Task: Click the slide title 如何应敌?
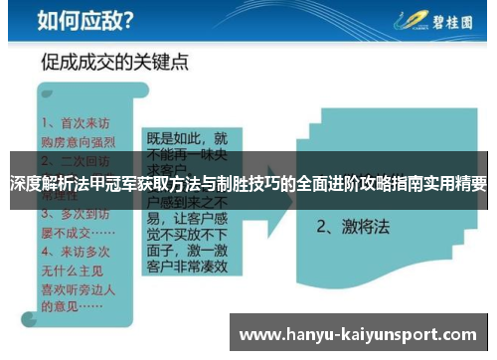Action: pos(84,19)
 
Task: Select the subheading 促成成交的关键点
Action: pos(113,63)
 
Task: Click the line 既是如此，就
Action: pos(187,137)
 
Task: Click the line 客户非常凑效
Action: pos(187,267)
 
